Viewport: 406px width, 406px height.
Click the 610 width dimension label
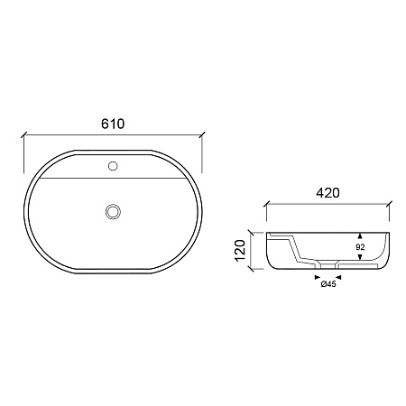113,124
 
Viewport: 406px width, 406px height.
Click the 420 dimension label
328,193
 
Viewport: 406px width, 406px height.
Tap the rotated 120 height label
241,251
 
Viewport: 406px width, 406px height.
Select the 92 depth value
360,247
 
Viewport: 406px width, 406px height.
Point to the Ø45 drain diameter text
328,284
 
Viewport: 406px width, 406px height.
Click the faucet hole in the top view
113,166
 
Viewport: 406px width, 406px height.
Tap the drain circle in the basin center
113,211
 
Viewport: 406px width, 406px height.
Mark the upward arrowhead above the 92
360,235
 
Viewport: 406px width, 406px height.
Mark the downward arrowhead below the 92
360,256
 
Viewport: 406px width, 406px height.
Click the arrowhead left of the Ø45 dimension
318,277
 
